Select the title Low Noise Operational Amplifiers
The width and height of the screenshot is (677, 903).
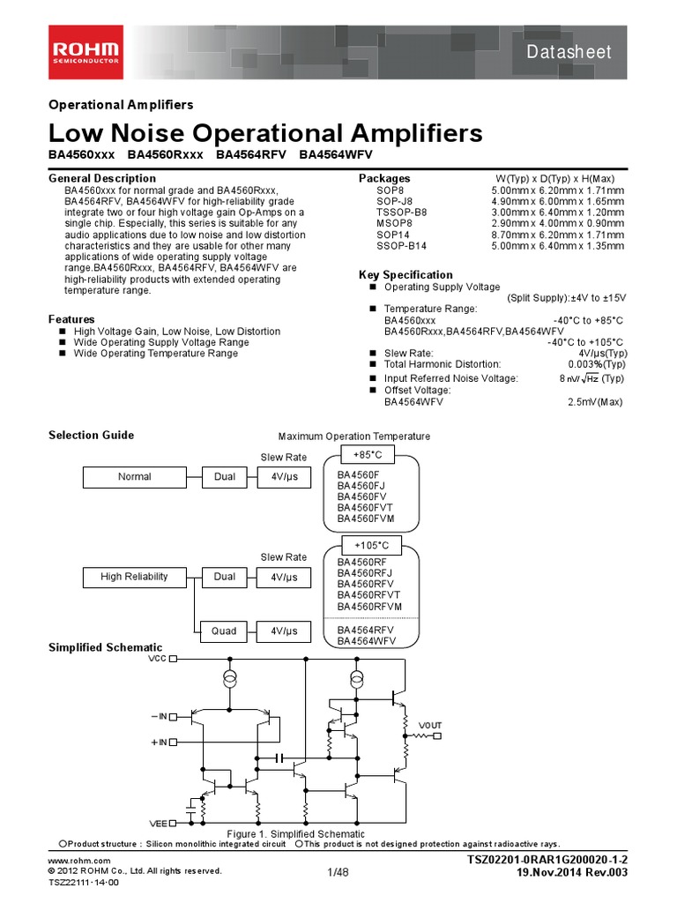pos(265,133)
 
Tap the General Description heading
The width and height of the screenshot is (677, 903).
pos(101,179)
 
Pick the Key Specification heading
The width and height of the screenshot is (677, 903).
pos(405,274)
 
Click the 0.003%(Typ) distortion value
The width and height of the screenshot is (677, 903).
pos(597,364)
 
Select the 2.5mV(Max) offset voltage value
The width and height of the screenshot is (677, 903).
pos(595,402)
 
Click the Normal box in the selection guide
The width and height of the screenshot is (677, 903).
pos(135,477)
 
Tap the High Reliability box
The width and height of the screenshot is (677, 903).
pos(135,577)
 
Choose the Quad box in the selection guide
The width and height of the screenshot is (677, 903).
pos(224,631)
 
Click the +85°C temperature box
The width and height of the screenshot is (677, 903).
pos(368,455)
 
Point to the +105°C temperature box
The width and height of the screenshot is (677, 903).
pos(370,546)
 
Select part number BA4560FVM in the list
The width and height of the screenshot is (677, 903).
pos(366,519)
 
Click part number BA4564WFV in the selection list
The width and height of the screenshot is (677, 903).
pos(366,641)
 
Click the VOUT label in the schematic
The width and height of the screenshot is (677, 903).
pos(430,725)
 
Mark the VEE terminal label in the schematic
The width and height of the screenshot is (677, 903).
pos(158,824)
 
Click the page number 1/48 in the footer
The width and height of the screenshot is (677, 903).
pos(338,872)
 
